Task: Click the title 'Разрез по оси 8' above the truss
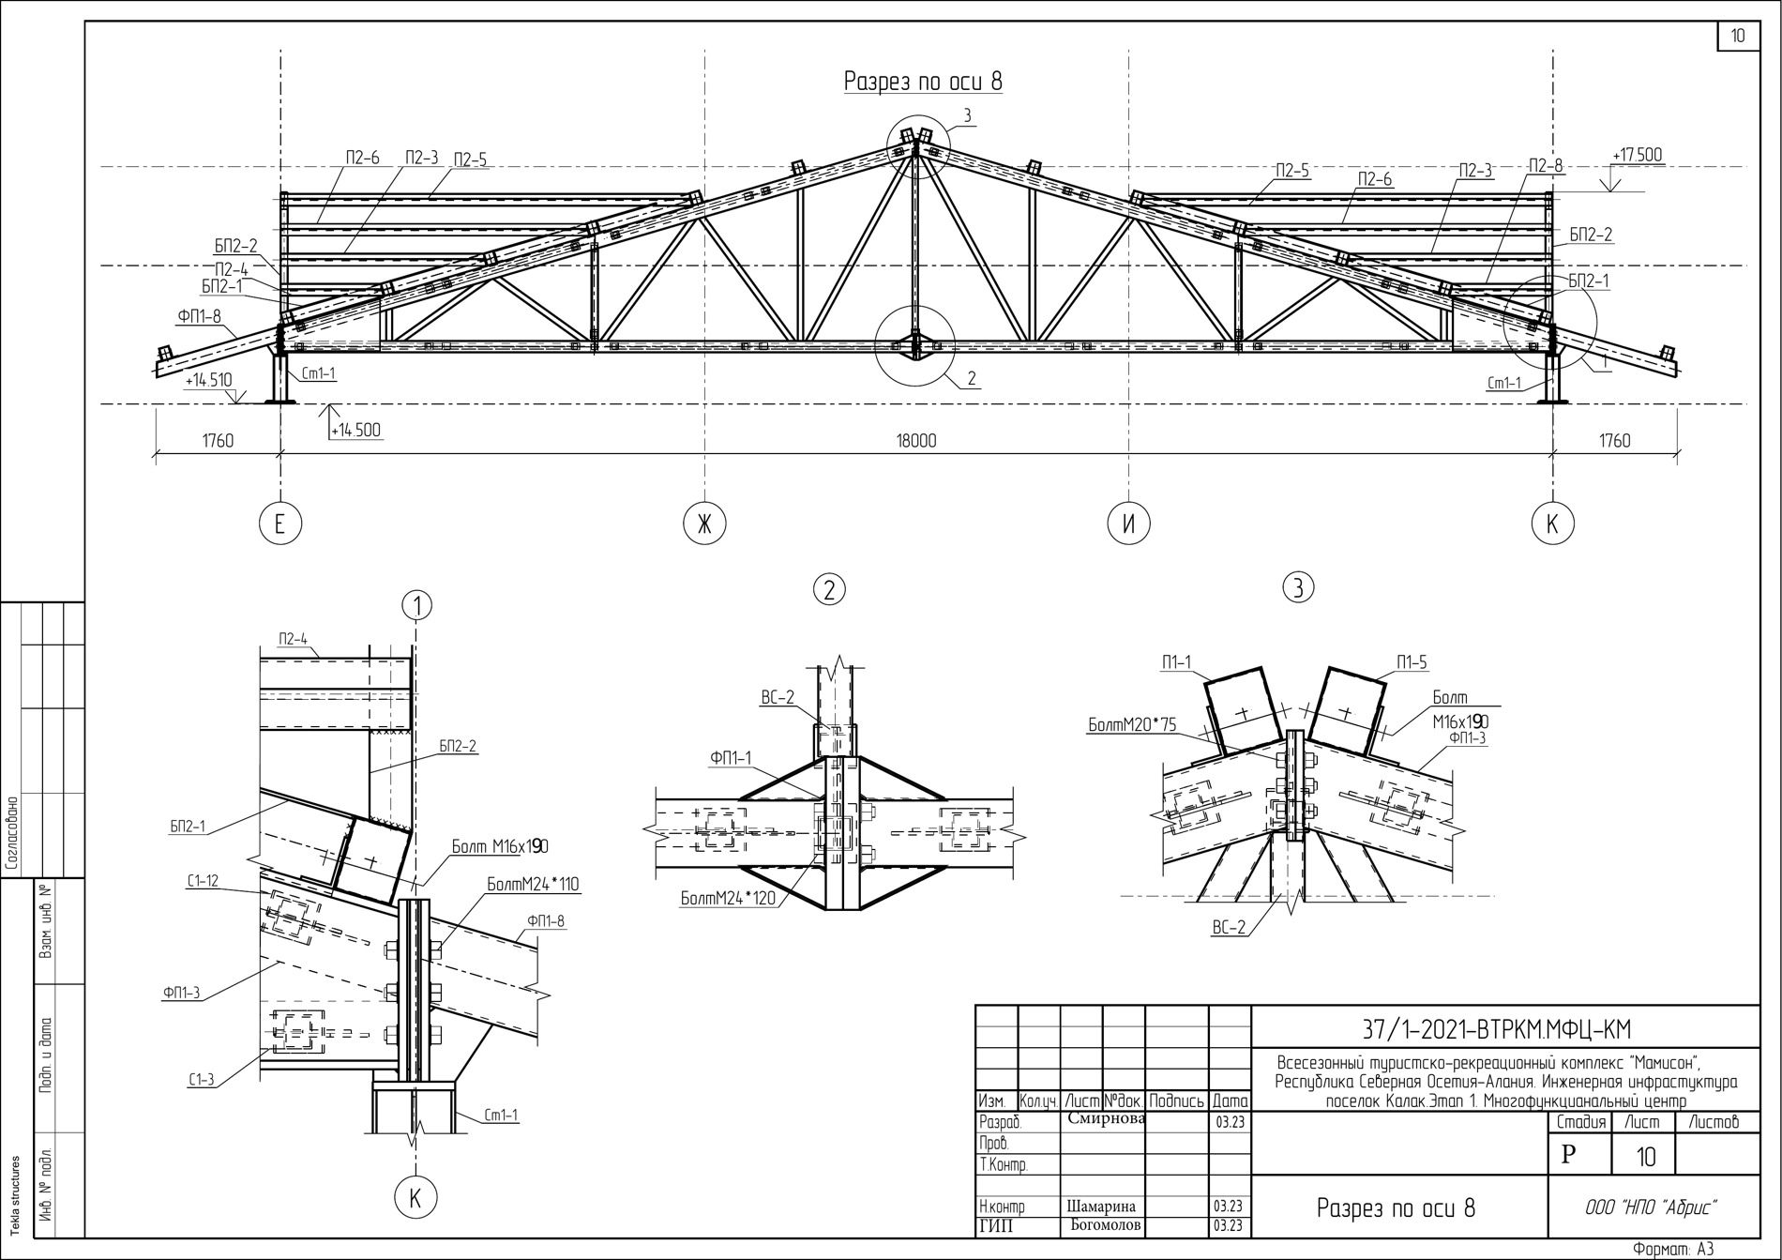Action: pyautogui.click(x=923, y=82)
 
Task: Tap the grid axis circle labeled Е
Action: pyautogui.click(x=279, y=524)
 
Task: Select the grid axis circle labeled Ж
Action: pyautogui.click(x=704, y=524)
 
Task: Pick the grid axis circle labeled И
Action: pyautogui.click(x=1128, y=524)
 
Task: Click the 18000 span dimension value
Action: pyautogui.click(x=916, y=440)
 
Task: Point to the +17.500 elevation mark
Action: pyautogui.click(x=1637, y=155)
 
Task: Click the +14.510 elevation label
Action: pyautogui.click(x=208, y=381)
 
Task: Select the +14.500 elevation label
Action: pyautogui.click(x=355, y=431)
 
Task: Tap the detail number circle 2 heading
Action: pyautogui.click(x=829, y=589)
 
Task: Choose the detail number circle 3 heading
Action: pyautogui.click(x=1298, y=588)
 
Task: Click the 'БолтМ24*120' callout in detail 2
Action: pyautogui.click(x=729, y=899)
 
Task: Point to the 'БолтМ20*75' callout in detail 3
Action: pyautogui.click(x=1132, y=724)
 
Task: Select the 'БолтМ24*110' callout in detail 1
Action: pyautogui.click(x=533, y=884)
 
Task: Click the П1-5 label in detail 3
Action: pyautogui.click(x=1412, y=662)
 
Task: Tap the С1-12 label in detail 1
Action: pyautogui.click(x=203, y=880)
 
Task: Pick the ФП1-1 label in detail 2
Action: pyautogui.click(x=731, y=758)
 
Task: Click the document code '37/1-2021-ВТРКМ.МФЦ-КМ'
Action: pyautogui.click(x=1496, y=1030)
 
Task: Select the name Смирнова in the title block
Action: pyautogui.click(x=1106, y=1119)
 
